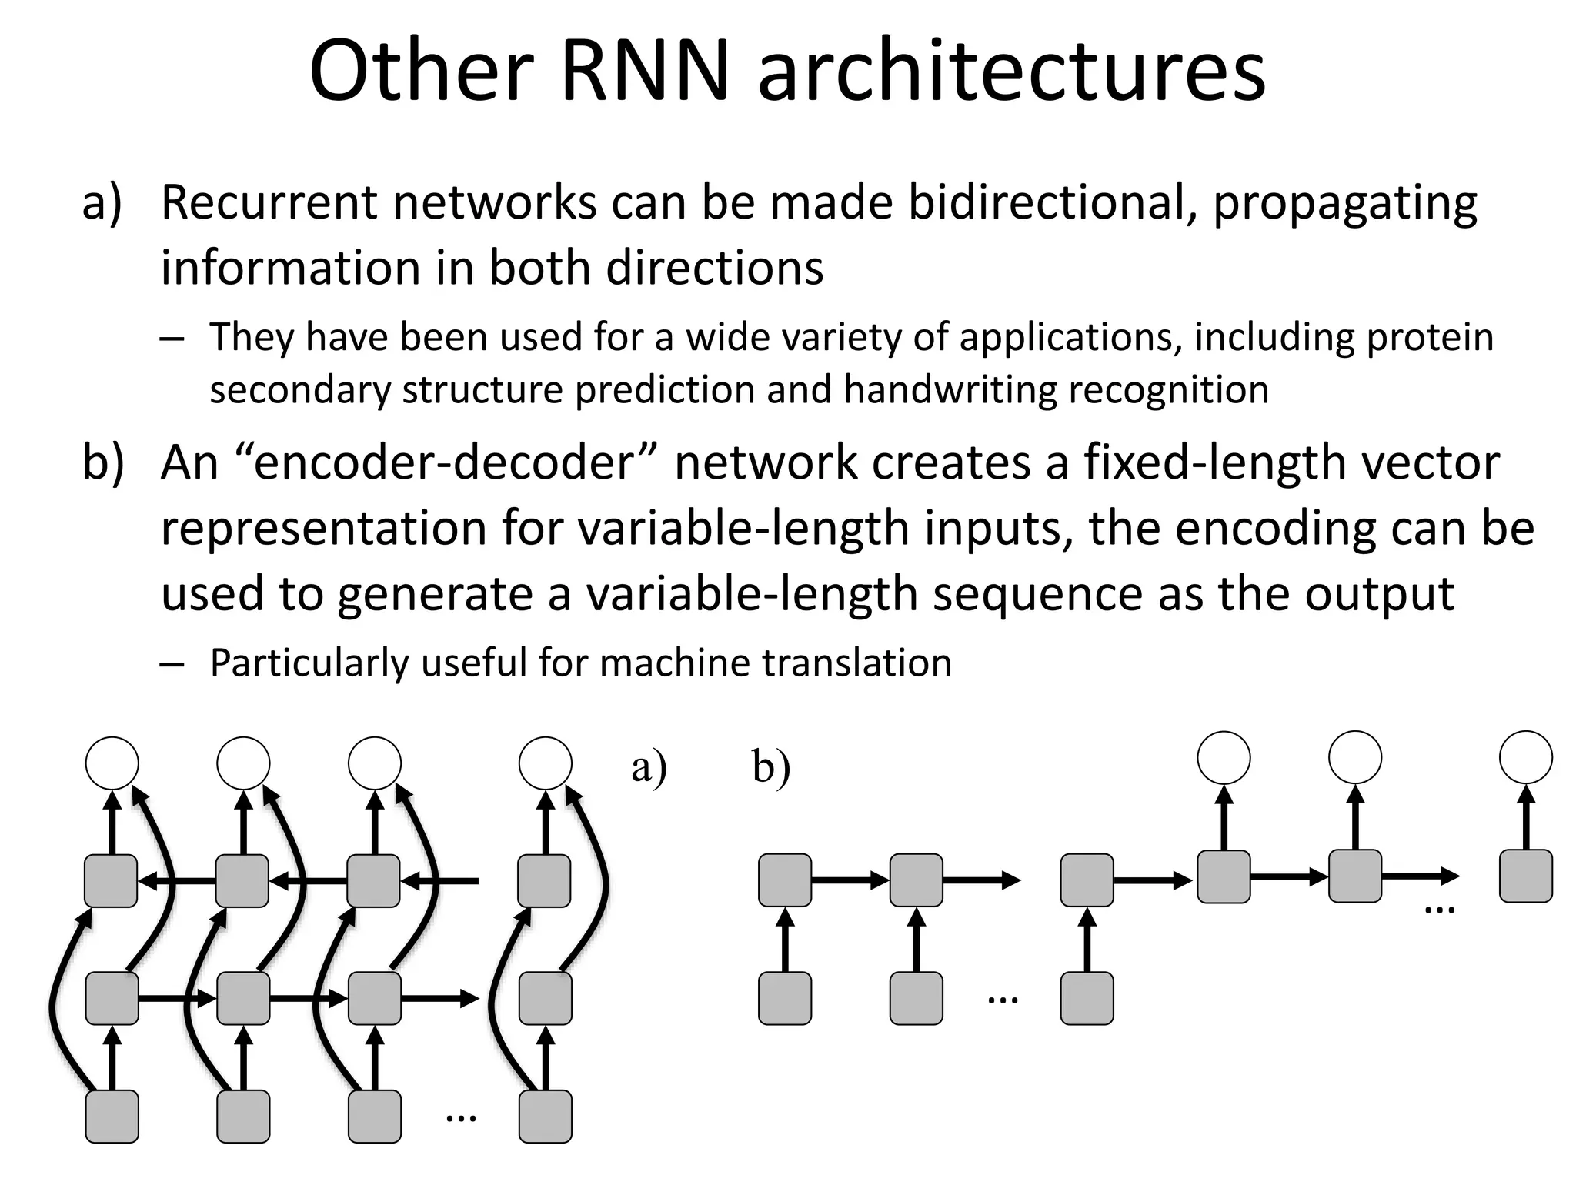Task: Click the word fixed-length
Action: coord(1215,462)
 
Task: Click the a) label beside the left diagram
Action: coord(649,767)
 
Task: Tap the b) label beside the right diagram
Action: coord(771,767)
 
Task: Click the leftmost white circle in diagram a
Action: coord(112,763)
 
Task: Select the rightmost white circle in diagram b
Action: coord(1526,758)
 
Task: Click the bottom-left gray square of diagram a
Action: coord(112,1116)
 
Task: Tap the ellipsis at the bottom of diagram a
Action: coord(461,1117)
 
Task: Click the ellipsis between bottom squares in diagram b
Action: coord(1002,999)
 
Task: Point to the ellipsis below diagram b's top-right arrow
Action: coord(1440,910)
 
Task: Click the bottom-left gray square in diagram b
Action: coord(785,998)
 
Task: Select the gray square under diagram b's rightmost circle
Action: coord(1526,876)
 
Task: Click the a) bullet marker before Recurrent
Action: coord(102,204)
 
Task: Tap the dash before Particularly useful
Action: coord(173,664)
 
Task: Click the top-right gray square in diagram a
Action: coord(545,880)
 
